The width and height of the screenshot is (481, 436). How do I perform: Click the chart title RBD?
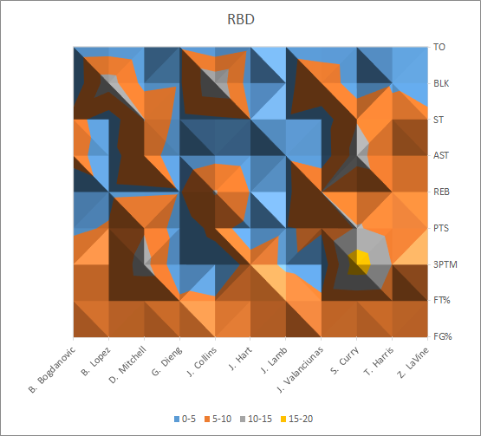[x=241, y=19]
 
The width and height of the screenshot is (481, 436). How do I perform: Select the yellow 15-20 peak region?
[x=359, y=262]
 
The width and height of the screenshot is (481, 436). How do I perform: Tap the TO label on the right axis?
[x=439, y=47]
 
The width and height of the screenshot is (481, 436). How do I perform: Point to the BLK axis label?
[x=441, y=83]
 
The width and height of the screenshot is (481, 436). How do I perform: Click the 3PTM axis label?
[x=445, y=264]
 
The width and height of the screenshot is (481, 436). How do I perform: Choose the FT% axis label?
[x=442, y=300]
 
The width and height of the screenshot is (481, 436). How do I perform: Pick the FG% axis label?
[x=443, y=336]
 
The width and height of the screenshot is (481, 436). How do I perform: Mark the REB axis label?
[x=441, y=192]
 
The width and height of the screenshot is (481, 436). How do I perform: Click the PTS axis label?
[x=441, y=228]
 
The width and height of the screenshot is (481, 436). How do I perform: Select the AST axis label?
[x=441, y=155]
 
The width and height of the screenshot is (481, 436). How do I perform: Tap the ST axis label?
[x=439, y=120]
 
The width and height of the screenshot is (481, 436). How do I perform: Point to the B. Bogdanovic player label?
[x=51, y=370]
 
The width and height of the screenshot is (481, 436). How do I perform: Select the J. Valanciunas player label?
[x=300, y=369]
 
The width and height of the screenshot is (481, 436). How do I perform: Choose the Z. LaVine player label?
[x=413, y=361]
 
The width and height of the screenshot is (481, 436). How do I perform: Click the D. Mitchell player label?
[x=127, y=365]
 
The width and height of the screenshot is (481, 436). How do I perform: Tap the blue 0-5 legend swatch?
[x=177, y=420]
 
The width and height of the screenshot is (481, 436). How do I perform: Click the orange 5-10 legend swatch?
[x=207, y=420]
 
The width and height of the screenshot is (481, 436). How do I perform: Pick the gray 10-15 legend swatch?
[x=243, y=420]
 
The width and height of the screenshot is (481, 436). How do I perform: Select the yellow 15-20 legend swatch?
[x=283, y=420]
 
